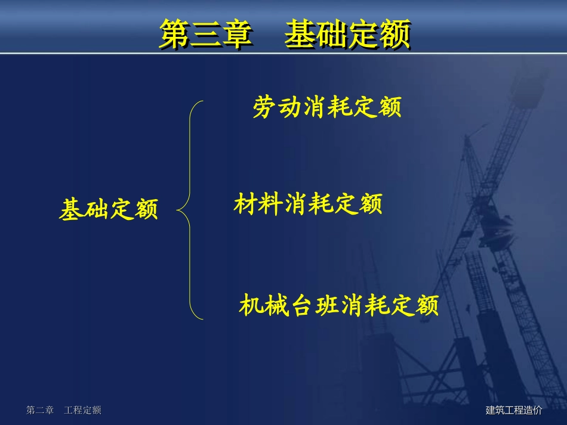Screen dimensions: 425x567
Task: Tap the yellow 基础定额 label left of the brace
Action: point(109,210)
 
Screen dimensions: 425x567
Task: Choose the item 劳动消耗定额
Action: point(326,108)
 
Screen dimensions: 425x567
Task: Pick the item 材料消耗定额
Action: point(307,204)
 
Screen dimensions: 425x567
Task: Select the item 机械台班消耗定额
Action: point(338,305)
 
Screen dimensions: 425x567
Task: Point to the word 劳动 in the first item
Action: point(277,108)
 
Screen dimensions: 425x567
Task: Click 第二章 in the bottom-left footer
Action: point(40,410)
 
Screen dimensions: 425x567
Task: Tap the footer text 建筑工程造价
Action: point(514,410)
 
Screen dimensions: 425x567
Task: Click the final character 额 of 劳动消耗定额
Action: point(389,108)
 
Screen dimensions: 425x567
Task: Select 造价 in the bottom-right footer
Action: point(533,410)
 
